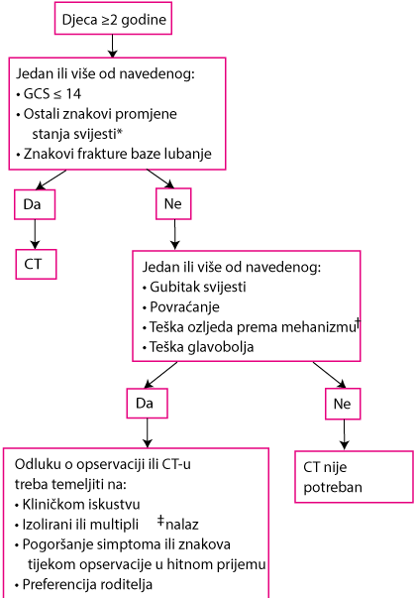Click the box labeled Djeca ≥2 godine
point(113,18)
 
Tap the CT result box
point(36,265)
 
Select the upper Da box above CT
point(35,204)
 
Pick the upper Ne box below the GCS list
point(173,203)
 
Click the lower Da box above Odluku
point(147,404)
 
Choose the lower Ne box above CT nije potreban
point(343,404)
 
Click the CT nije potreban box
point(354,477)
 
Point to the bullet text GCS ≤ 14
point(49,94)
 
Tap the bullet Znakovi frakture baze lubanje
point(114,154)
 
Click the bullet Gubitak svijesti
point(194,287)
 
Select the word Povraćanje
point(184,307)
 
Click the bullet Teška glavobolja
point(198,347)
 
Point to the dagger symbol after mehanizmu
point(358,324)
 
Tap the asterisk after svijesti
point(120,132)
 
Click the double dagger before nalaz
point(160,521)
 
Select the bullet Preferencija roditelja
point(84,584)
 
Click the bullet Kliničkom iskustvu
point(77,505)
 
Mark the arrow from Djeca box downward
point(112,47)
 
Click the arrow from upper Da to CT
point(35,235)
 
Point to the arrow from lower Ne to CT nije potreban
point(345,434)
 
